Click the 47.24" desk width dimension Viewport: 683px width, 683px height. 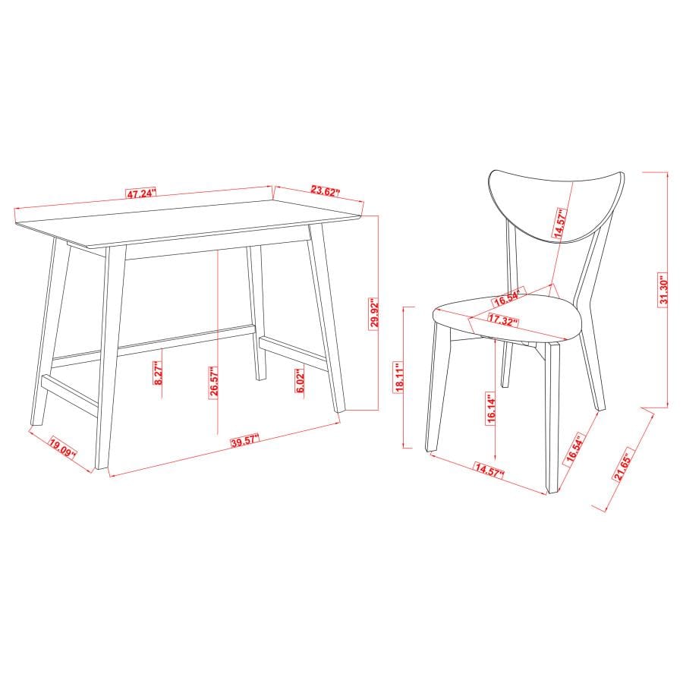point(141,194)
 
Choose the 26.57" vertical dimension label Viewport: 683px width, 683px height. point(215,380)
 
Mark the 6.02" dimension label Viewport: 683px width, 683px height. point(301,380)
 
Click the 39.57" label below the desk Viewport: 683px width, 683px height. point(244,439)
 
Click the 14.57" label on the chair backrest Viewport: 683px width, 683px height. point(562,225)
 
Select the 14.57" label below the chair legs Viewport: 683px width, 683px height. point(489,469)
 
